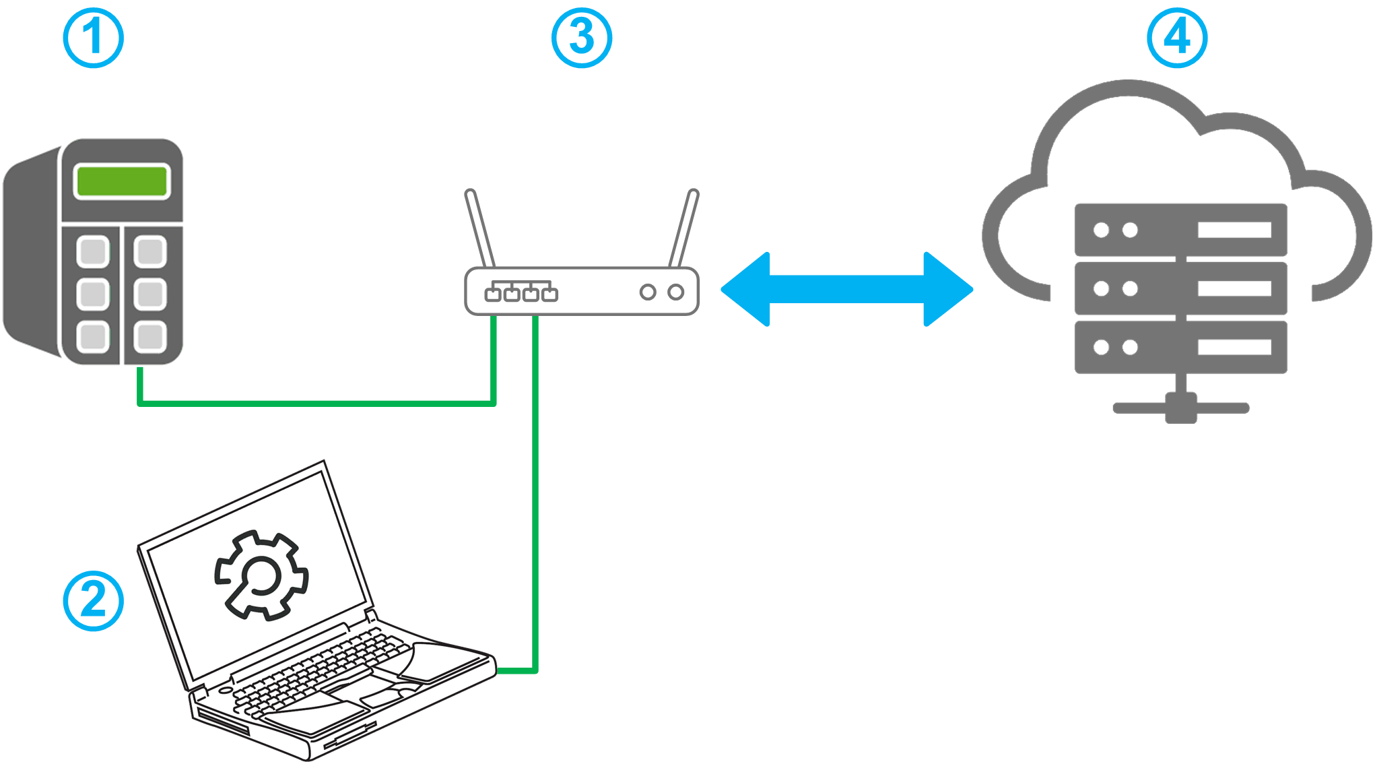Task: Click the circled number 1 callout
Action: tap(93, 38)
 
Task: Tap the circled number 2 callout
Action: tap(93, 601)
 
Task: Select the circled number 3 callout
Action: tap(581, 38)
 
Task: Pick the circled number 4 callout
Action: tap(1176, 38)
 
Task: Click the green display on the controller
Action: tap(122, 181)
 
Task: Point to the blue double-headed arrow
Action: tap(846, 289)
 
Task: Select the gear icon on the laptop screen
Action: tap(261, 575)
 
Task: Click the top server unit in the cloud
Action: tap(1180, 230)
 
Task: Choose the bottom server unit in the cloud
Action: tap(1180, 347)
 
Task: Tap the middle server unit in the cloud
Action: tap(1180, 288)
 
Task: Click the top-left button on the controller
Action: tap(93, 252)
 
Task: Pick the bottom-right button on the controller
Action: tap(150, 336)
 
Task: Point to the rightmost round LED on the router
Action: tap(675, 292)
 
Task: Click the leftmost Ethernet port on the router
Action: tap(493, 294)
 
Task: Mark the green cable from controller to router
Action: tap(316, 404)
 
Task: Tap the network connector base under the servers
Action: tap(1181, 408)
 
